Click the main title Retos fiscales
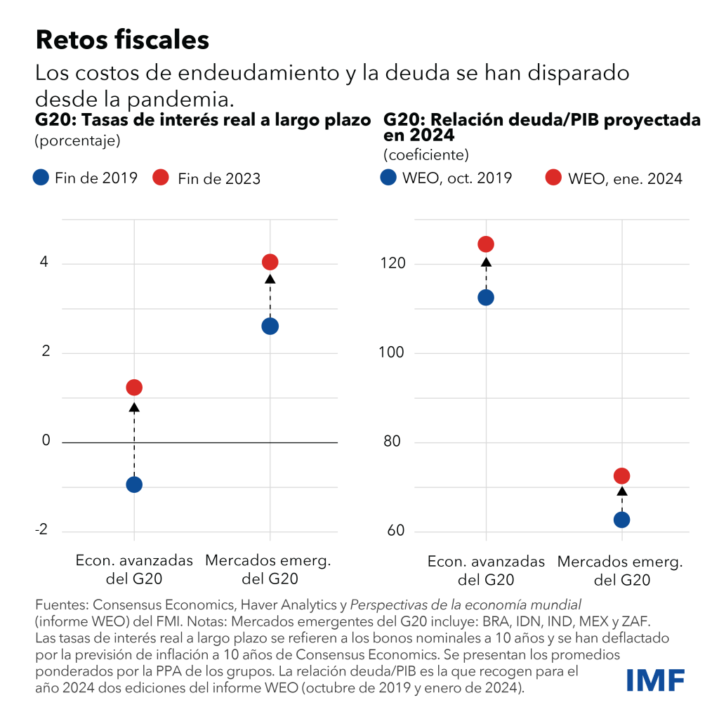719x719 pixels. (x=122, y=40)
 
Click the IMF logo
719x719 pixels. (x=655, y=680)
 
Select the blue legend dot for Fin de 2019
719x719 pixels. (x=41, y=178)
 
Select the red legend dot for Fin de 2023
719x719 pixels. (x=161, y=178)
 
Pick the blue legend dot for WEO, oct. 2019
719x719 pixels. (x=388, y=178)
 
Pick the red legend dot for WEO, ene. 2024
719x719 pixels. (x=554, y=178)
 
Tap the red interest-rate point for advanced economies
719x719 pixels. (x=134, y=388)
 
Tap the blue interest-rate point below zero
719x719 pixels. (x=134, y=484)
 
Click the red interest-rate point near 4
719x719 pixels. (x=270, y=262)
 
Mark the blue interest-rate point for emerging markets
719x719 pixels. (x=270, y=326)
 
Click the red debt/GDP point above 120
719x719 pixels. (x=486, y=244)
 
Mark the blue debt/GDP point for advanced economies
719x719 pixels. (x=486, y=297)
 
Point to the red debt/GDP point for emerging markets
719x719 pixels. (x=622, y=476)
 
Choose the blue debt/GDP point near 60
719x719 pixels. (x=622, y=520)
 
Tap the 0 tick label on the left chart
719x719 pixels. (x=46, y=441)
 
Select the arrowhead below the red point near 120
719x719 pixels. (x=486, y=263)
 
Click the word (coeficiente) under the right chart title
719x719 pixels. (x=426, y=154)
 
